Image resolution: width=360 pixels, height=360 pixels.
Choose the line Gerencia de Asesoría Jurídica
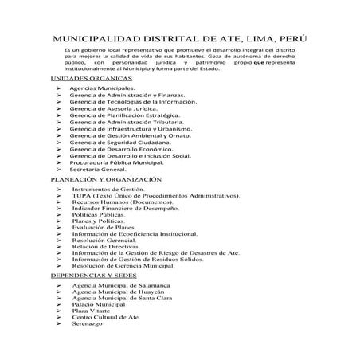click(x=116, y=108)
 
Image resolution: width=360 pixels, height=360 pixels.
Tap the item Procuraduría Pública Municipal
click(x=116, y=162)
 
